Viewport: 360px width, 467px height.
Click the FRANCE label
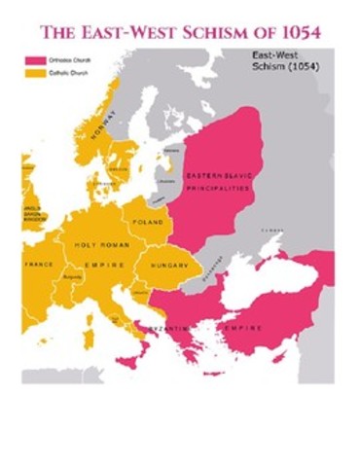[x=39, y=264]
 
